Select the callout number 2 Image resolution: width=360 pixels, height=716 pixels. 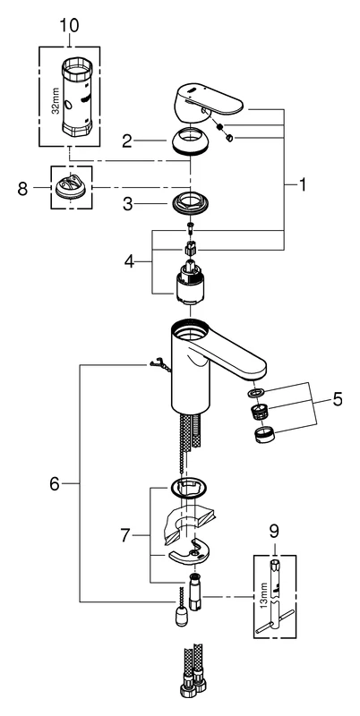(x=128, y=140)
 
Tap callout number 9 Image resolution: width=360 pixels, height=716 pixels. (x=274, y=530)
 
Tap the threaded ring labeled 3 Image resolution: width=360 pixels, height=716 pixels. (x=191, y=203)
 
